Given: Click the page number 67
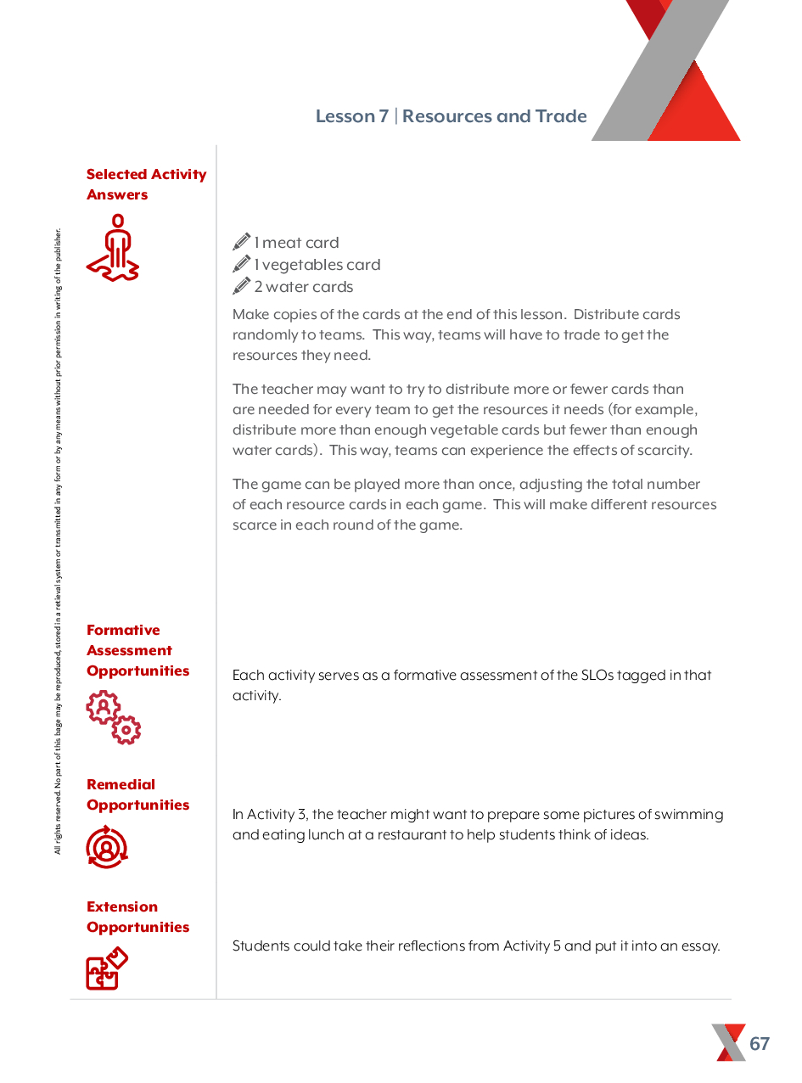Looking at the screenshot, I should coord(760,1043).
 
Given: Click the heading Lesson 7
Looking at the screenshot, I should coord(351,116).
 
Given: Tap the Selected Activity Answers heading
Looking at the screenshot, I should coord(146,184).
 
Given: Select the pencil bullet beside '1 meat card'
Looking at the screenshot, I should coord(242,242).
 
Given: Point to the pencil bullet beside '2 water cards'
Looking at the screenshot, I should coord(242,286).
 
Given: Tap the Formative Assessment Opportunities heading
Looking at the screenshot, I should coord(137,650).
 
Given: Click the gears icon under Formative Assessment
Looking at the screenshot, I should coord(114,718).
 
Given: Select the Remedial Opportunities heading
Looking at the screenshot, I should coord(137,794).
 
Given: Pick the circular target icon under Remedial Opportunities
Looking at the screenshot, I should coord(107,847).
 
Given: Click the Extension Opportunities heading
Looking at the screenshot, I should coord(137,917).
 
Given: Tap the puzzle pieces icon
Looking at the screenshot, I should coord(107,968).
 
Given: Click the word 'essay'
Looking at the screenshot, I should coord(701,946).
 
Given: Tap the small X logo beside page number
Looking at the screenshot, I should coord(728,1042).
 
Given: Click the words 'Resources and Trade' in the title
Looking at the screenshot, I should coord(494,116).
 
